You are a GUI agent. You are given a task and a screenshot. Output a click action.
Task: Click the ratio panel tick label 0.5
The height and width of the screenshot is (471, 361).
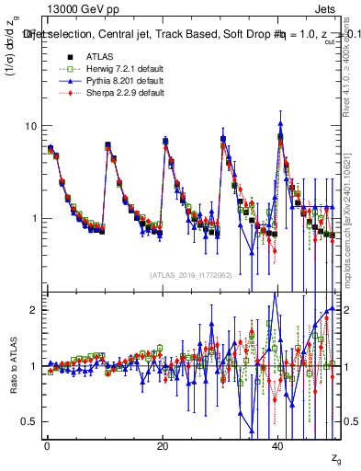click(30, 421)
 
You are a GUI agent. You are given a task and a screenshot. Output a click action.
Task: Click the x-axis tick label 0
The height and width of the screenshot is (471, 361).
click(47, 444)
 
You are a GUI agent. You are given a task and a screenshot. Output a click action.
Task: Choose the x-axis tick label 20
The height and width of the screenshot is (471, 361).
click(163, 444)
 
